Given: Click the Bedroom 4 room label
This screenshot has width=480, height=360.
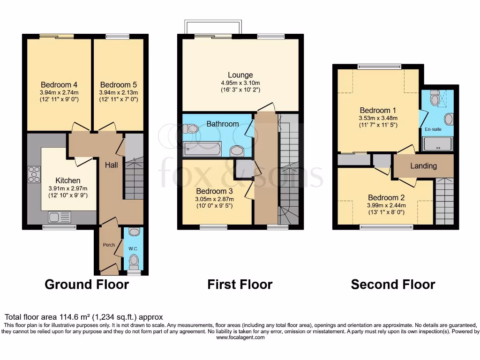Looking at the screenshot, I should coord(59,85).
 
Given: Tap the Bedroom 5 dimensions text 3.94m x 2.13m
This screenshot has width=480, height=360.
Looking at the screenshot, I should coord(119,93).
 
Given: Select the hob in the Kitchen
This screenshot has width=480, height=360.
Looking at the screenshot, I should coord(34,174).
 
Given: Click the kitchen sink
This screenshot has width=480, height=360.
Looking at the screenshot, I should coord(59,217).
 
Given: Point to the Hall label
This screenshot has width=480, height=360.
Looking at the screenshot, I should coord(111,165).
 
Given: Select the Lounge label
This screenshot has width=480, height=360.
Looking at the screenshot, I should coord(240,75).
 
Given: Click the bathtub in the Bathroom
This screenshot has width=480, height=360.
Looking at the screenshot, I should coord(202,149).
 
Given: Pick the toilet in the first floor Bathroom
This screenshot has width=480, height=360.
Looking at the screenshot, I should coord(191,128).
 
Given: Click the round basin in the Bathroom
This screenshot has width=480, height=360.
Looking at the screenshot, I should coord(237,150).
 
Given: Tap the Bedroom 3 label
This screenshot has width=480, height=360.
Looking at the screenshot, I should coord(214,191).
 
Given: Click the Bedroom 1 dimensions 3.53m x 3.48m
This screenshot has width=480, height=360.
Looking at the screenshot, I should coord(375,119).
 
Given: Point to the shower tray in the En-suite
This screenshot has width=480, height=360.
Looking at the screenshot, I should coord(438,144).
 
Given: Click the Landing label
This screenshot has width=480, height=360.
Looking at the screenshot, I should coord(423,166).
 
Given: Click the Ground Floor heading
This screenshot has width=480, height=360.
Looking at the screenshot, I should coord(87,285).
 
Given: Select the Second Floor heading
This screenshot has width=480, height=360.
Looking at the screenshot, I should coord(393,285).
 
